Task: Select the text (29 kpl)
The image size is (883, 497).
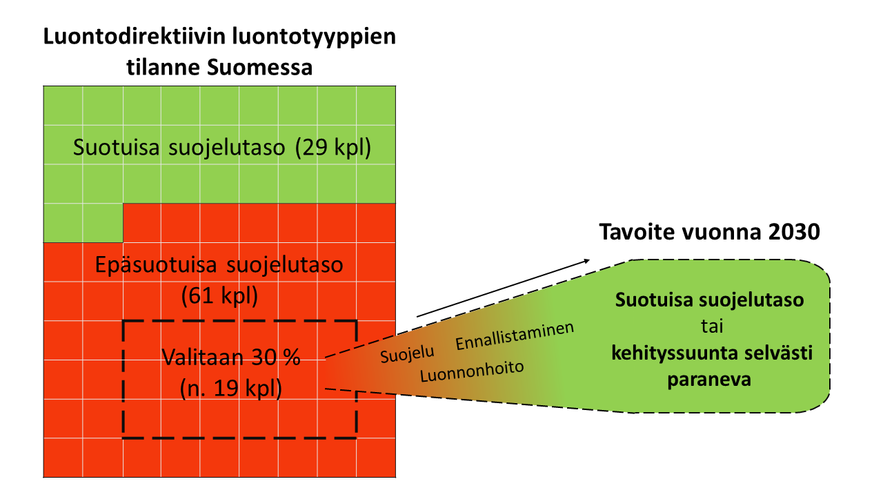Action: [x=333, y=148]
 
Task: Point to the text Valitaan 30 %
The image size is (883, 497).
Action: [x=231, y=358]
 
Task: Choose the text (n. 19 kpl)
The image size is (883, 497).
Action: [x=230, y=389]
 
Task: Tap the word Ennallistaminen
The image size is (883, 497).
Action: [x=515, y=335]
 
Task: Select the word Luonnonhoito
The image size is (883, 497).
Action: [x=473, y=372]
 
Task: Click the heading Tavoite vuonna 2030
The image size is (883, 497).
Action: [x=709, y=231]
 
